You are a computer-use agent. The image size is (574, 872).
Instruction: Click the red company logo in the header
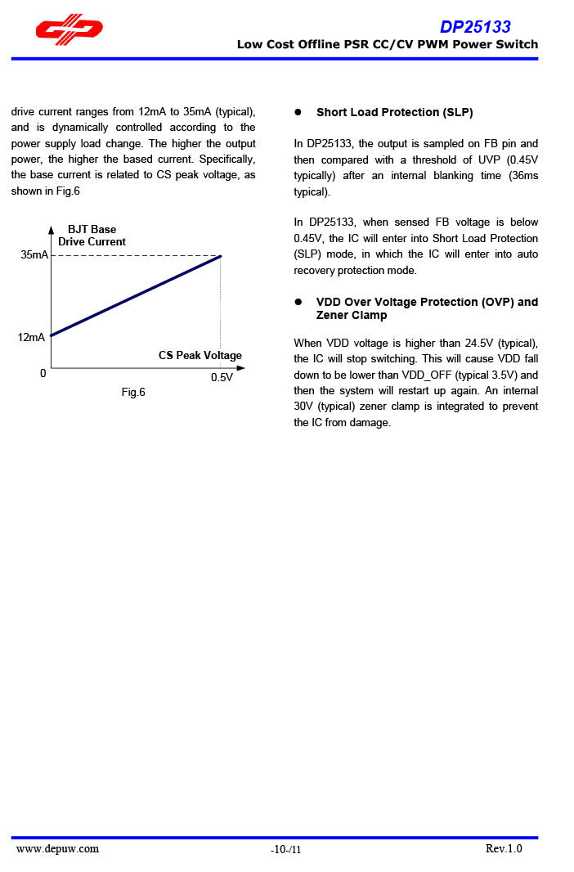click(x=69, y=30)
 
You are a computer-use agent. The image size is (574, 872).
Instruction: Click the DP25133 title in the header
click(x=475, y=27)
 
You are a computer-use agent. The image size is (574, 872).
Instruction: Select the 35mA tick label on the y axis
click(x=34, y=255)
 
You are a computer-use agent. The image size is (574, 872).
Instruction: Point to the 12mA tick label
click(x=32, y=337)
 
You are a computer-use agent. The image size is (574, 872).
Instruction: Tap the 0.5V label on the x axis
click(x=222, y=377)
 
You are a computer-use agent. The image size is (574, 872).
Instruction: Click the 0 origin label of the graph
click(x=43, y=374)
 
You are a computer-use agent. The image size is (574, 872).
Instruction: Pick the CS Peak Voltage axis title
click(x=200, y=356)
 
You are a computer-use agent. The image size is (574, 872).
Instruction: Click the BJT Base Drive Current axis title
click(x=92, y=236)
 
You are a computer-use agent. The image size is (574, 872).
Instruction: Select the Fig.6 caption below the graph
click(x=133, y=393)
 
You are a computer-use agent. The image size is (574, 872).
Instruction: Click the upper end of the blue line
click(x=221, y=256)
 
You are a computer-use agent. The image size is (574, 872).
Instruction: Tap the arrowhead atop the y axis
click(x=51, y=230)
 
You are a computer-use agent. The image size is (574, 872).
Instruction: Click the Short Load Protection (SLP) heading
click(x=395, y=113)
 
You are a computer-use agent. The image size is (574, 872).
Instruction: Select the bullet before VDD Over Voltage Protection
click(x=298, y=303)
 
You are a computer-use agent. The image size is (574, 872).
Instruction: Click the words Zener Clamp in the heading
click(x=352, y=316)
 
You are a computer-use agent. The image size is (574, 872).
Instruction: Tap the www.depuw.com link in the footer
click(x=57, y=849)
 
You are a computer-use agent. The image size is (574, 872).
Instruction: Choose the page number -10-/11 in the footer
click(x=286, y=851)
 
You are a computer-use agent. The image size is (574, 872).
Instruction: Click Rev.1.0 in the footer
click(x=504, y=849)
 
